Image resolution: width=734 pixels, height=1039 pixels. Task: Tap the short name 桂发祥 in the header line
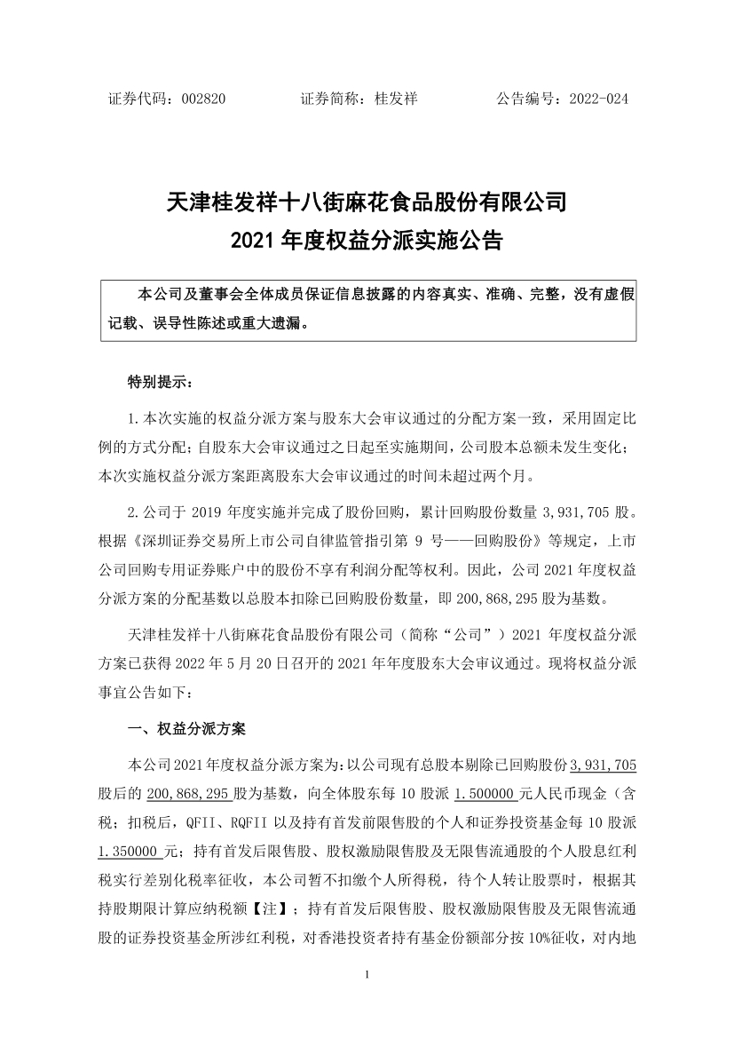(x=396, y=99)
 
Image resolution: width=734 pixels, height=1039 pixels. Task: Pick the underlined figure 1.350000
(x=135, y=850)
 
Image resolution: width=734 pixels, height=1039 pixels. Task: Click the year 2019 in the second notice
(x=211, y=513)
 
